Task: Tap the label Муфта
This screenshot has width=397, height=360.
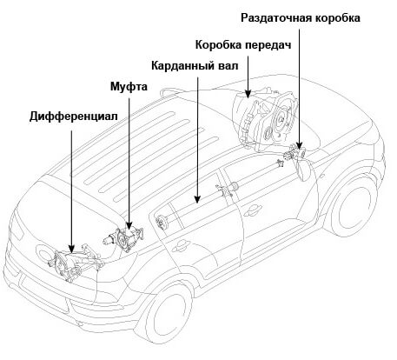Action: [x=129, y=88]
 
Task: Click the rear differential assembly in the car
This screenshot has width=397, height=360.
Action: [x=68, y=260]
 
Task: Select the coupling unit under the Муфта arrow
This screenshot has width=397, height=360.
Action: [x=128, y=237]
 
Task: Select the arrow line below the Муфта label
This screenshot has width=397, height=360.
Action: [x=129, y=157]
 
